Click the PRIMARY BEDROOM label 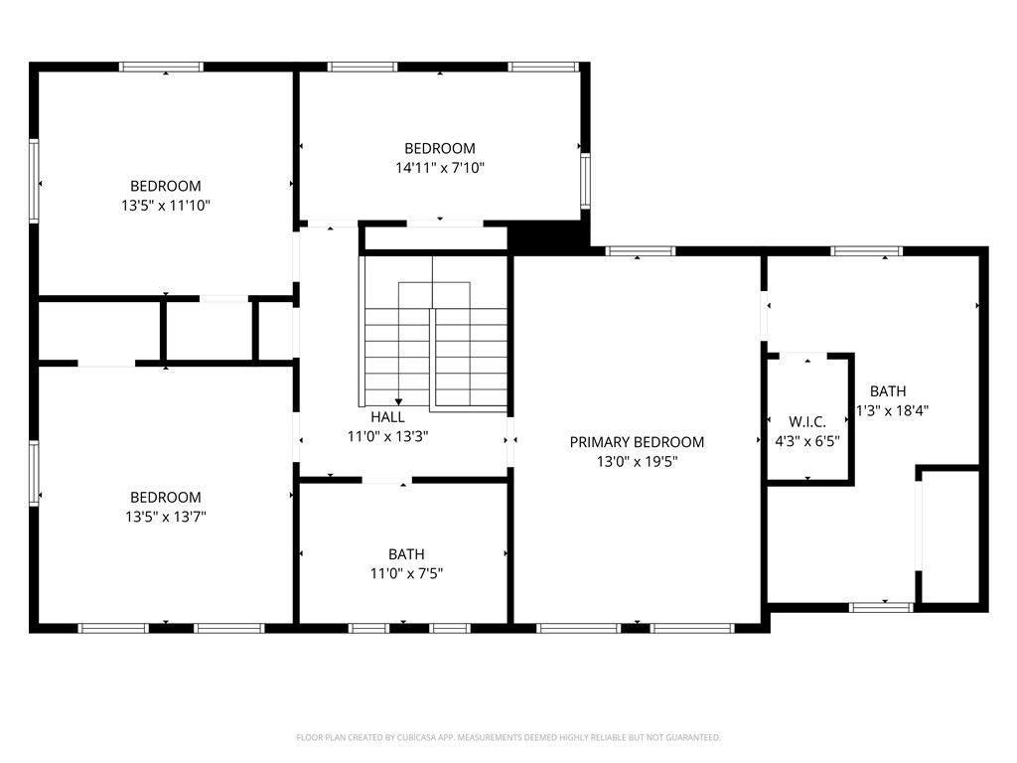pyautogui.click(x=637, y=442)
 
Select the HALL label pyautogui.click(x=387, y=417)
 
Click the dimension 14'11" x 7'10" pyautogui.click(x=440, y=168)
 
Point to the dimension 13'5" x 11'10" pyautogui.click(x=166, y=205)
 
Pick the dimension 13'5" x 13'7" pyautogui.click(x=166, y=517)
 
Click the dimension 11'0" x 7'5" pyautogui.click(x=406, y=573)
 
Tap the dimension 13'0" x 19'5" pyautogui.click(x=637, y=461)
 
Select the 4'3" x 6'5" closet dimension pyautogui.click(x=807, y=439)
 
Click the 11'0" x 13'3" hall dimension pyautogui.click(x=387, y=436)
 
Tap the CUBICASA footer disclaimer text pyautogui.click(x=508, y=737)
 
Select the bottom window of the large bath pyautogui.click(x=881, y=605)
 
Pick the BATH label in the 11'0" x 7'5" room pyautogui.click(x=406, y=554)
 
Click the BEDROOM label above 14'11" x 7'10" pyautogui.click(x=440, y=149)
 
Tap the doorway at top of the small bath pyautogui.click(x=386, y=481)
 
